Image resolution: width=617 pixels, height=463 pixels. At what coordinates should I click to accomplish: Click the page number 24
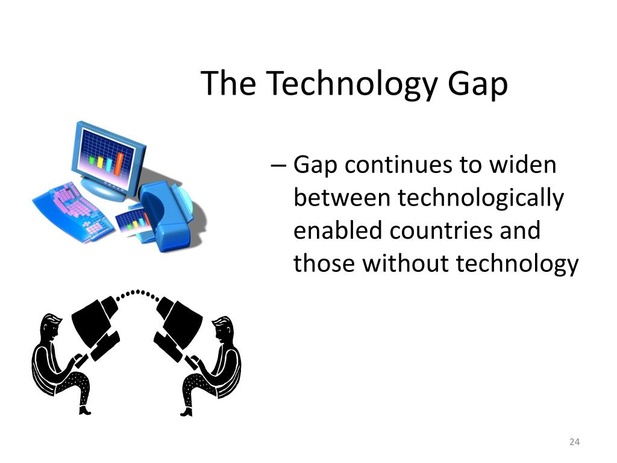[574, 443]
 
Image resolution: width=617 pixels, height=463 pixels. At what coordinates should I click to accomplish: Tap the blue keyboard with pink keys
[72, 208]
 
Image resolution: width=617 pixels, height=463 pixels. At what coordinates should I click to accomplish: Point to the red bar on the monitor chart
[119, 163]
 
